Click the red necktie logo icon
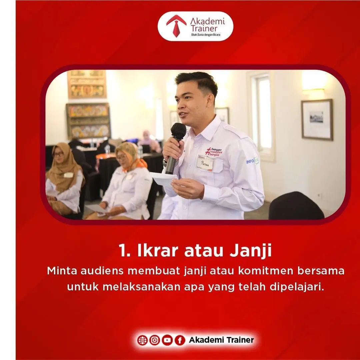coord(176,25)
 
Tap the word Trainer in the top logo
coord(204,28)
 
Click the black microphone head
coord(179,131)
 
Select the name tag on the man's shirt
coord(205,163)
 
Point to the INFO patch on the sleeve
coord(252,161)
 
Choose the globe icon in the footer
coord(142,340)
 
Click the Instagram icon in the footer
coord(155,340)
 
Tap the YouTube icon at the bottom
coord(167,340)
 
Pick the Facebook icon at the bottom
coord(180,340)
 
